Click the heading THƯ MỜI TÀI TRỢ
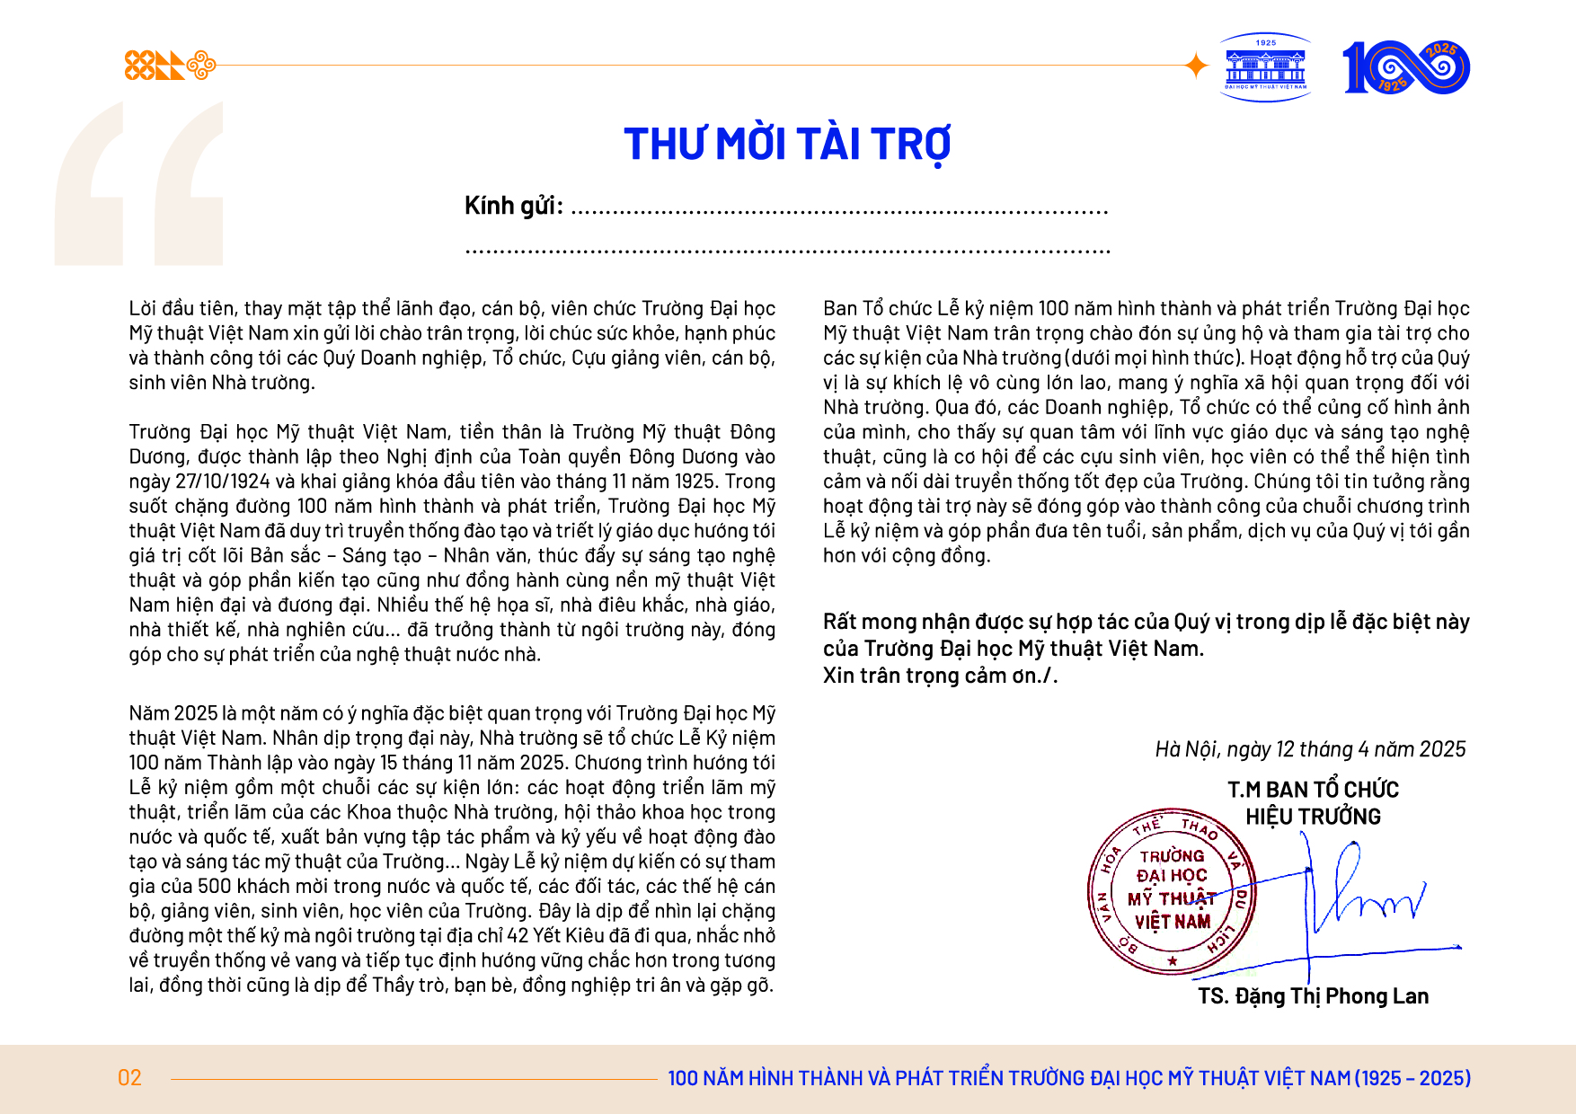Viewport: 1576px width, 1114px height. pos(787,145)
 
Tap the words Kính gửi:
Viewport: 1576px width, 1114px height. pos(513,206)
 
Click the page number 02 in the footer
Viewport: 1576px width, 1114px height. pos(129,1078)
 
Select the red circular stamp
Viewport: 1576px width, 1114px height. pos(1172,891)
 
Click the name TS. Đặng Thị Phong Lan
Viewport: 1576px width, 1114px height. pos(1313,996)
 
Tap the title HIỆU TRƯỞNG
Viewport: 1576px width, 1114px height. pos(1313,817)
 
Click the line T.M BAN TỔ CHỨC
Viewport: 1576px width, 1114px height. pos(1313,790)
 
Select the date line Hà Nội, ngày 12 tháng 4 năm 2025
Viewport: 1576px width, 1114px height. pos(1310,749)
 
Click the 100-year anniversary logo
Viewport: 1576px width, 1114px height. pos(1406,67)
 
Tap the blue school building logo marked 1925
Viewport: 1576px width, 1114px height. pos(1266,67)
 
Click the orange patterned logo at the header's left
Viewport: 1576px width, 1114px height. pos(170,66)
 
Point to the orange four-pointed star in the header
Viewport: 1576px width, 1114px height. pos(1196,66)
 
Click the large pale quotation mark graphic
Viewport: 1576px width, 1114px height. pos(139,184)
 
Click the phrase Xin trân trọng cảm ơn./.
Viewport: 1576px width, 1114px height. pos(940,676)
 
